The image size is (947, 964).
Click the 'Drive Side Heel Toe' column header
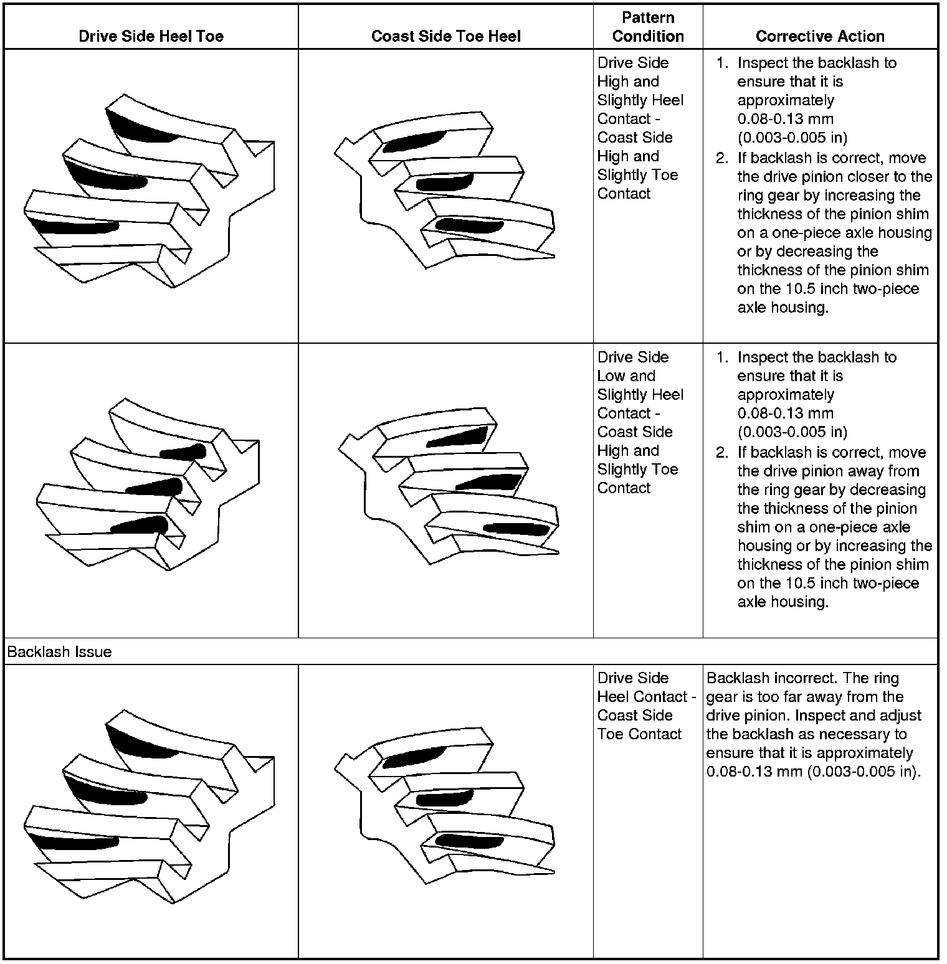[x=151, y=36]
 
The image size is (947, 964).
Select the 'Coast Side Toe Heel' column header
[x=445, y=36]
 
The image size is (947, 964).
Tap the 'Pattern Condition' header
[x=648, y=27]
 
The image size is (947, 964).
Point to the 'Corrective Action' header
[x=820, y=36]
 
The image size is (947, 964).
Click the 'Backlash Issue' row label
[x=59, y=652]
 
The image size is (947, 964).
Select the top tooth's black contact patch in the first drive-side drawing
[x=137, y=127]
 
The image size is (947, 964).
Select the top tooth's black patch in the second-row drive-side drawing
[x=184, y=451]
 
